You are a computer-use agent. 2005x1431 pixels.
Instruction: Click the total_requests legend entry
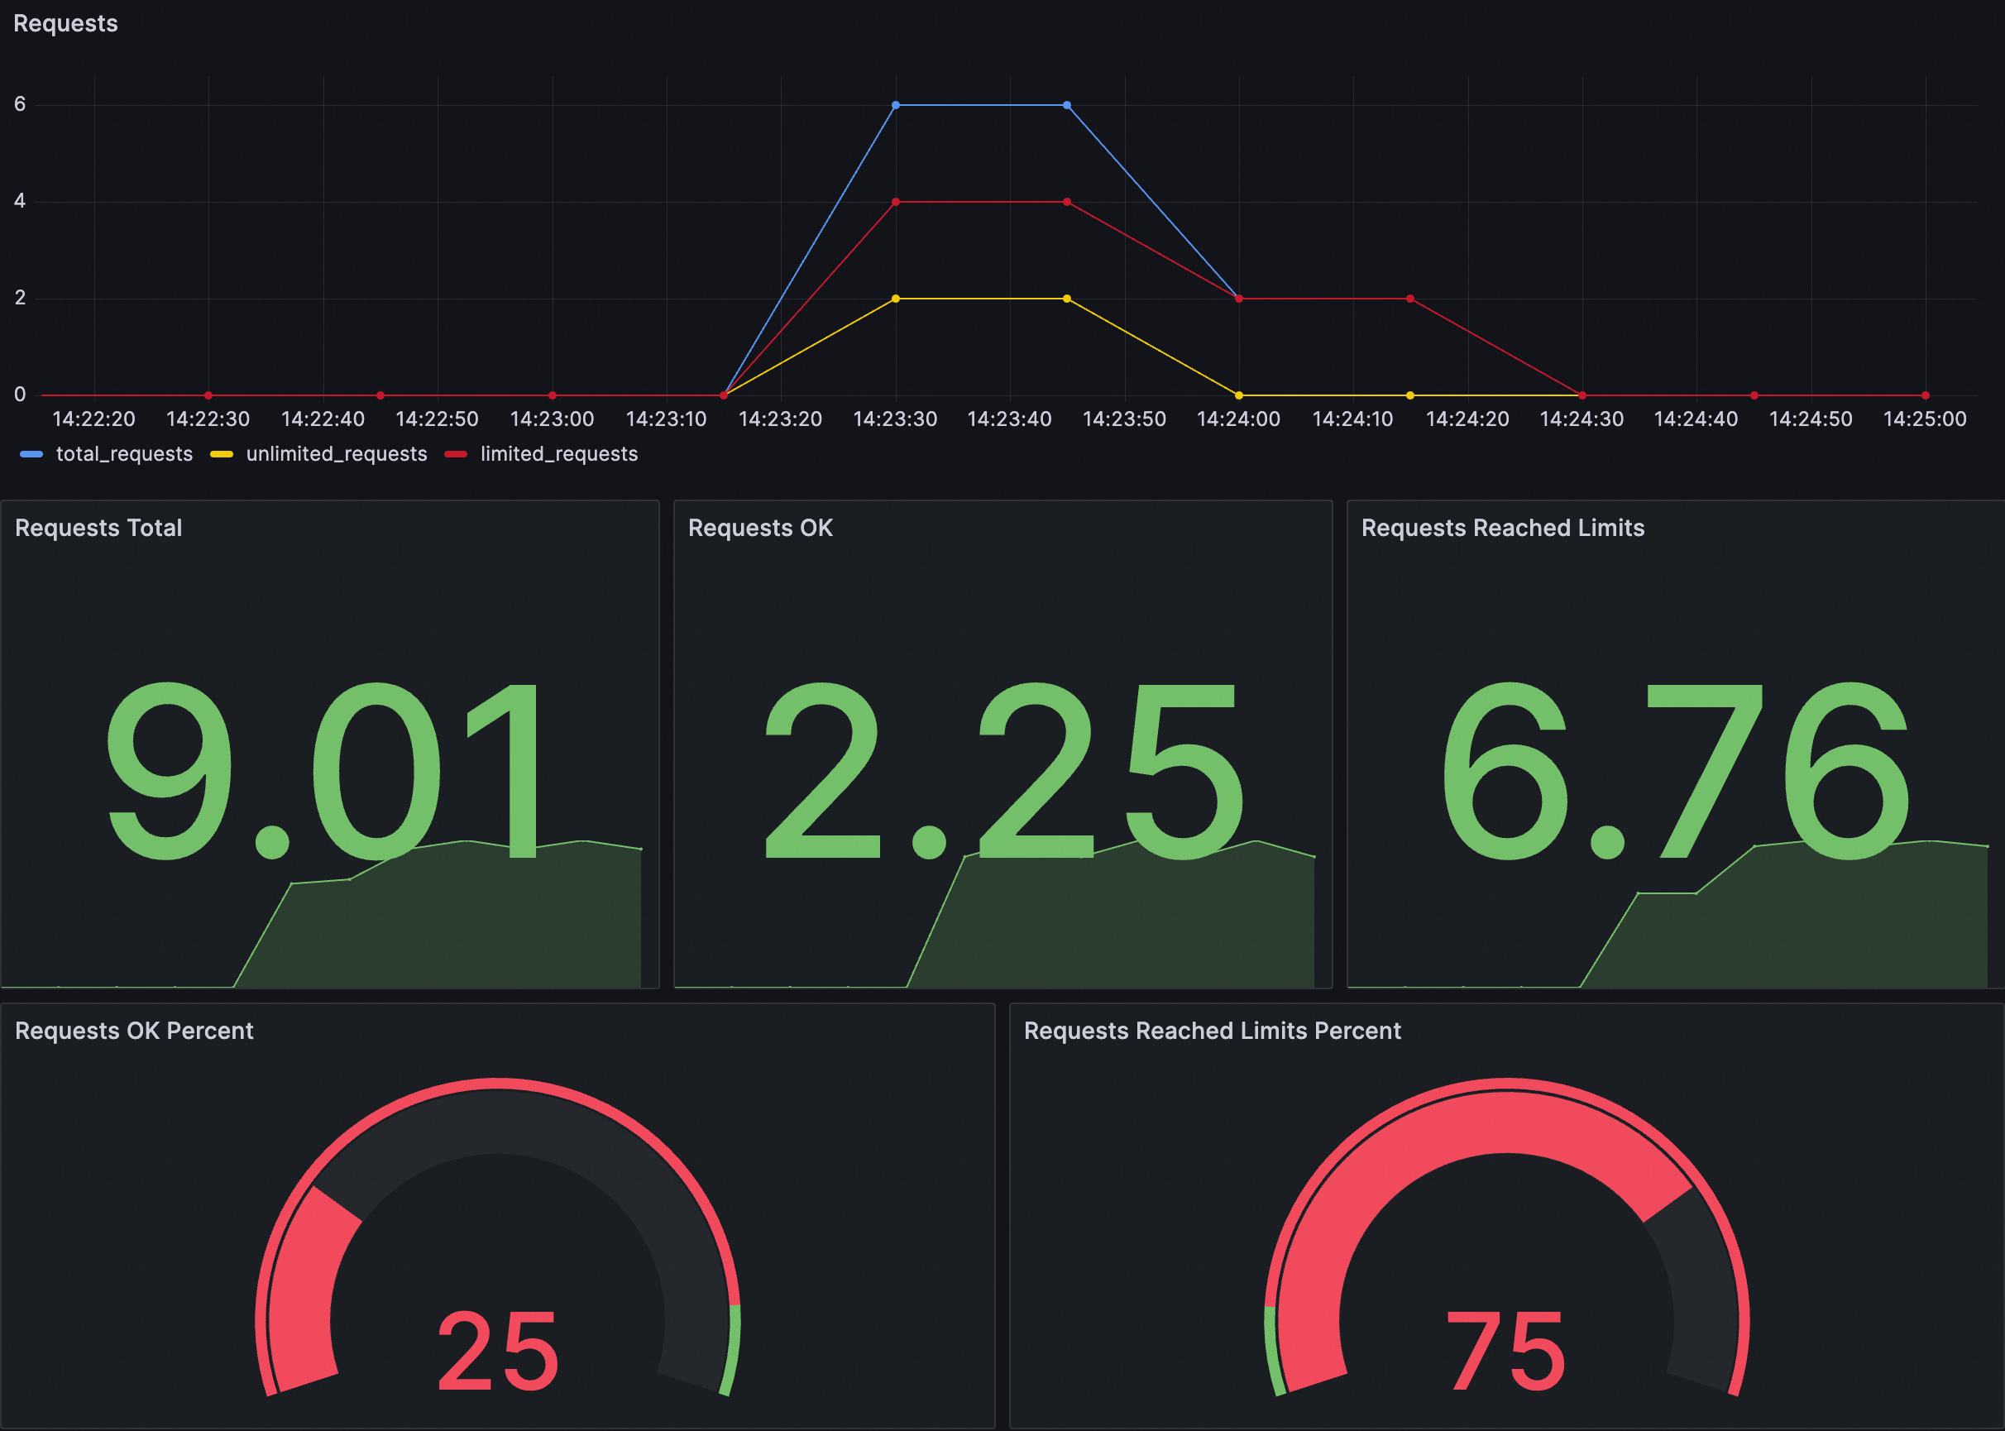[123, 454]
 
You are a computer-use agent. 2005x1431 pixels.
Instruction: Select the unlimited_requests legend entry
[336, 454]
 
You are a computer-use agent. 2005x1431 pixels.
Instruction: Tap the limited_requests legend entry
[558, 454]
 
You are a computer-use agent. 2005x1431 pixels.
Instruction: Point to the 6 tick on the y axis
[19, 104]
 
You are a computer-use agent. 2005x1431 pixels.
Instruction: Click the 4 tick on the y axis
[19, 201]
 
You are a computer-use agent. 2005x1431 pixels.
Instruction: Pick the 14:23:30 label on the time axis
[895, 419]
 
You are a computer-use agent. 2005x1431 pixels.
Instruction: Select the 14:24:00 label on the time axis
[1238, 419]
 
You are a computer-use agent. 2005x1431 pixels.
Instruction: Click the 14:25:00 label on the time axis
[1925, 419]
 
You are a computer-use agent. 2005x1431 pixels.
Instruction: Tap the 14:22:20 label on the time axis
[94, 419]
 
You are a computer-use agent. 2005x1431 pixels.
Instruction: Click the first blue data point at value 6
[896, 105]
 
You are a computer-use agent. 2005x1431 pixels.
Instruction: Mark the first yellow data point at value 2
[896, 299]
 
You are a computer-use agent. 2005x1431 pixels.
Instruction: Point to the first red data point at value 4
[896, 202]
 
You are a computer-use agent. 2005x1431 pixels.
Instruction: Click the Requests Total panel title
[98, 528]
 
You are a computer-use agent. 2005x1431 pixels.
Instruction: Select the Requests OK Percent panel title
[134, 1031]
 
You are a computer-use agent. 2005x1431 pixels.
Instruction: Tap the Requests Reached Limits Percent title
[1212, 1031]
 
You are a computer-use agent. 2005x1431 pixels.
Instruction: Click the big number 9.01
[324, 771]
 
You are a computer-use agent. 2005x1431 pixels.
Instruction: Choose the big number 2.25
[1002, 771]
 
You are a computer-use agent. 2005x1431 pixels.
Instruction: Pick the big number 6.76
[1676, 771]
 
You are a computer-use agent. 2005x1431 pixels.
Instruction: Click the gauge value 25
[499, 1350]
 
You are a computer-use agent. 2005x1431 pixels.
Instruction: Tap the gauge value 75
[1506, 1350]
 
